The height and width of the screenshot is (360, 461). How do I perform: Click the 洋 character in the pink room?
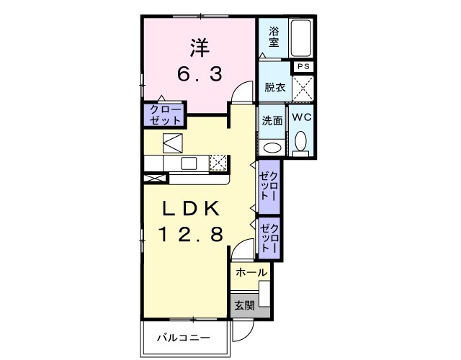click(200, 48)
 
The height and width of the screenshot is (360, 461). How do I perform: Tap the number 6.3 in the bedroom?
click(200, 73)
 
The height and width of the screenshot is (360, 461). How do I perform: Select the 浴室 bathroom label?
click(274, 37)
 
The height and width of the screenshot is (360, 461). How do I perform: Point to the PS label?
click(303, 67)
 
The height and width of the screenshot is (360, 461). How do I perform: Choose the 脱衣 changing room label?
click(274, 88)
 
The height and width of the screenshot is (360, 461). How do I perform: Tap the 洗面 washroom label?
click(272, 121)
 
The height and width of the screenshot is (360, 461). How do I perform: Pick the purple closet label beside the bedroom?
click(165, 114)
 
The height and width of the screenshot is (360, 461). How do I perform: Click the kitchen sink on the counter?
click(189, 163)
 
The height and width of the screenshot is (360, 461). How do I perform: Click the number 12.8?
click(190, 233)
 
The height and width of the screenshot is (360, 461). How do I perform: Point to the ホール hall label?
click(251, 273)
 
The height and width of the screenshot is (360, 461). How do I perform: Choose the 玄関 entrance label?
click(243, 305)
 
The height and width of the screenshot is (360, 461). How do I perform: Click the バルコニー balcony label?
click(184, 338)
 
